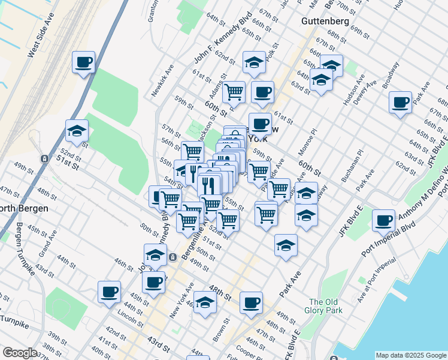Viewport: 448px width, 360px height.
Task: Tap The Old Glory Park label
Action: click(x=326, y=306)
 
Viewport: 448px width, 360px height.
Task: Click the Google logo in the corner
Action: click(x=20, y=353)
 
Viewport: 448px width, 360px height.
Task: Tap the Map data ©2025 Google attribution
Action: click(x=411, y=355)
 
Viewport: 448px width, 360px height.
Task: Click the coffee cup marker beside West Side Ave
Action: click(x=83, y=62)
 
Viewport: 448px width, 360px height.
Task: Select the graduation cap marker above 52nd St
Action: click(x=77, y=131)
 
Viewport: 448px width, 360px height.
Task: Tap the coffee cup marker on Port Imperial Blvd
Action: click(x=383, y=221)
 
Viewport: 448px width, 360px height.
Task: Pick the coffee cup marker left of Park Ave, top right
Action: click(x=399, y=103)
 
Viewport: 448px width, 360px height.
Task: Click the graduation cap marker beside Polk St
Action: click(x=254, y=62)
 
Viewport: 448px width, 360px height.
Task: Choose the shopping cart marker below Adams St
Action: click(x=233, y=92)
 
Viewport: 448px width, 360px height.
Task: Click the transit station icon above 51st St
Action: click(x=44, y=159)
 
